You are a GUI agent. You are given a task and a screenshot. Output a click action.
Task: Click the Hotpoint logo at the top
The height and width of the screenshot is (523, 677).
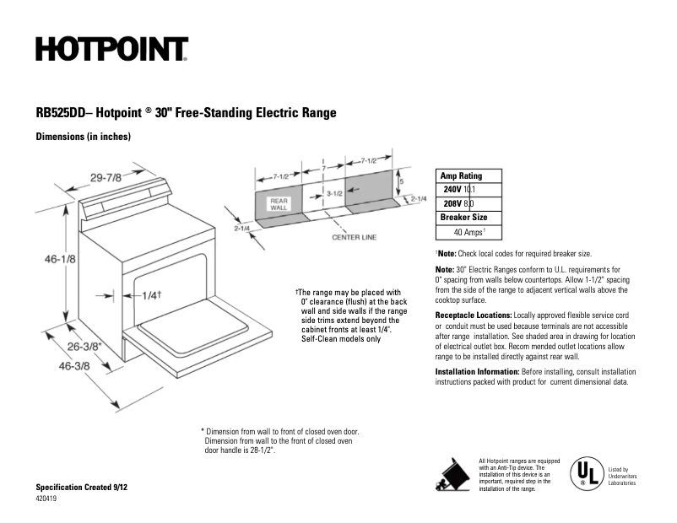coord(111,50)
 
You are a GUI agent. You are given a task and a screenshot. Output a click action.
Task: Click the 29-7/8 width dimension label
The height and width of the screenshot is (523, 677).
coord(106,176)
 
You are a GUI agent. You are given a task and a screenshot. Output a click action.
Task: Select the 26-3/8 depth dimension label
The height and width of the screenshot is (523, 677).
coord(84,346)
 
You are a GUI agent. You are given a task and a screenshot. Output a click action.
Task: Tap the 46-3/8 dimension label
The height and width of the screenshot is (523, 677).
coord(73,365)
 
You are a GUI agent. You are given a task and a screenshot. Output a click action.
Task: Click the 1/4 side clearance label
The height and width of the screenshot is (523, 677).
coord(149,295)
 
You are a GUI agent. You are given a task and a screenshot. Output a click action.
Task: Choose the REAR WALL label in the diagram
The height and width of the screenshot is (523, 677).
coord(279,204)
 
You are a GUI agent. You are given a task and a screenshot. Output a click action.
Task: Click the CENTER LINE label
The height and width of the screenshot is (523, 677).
coord(354,238)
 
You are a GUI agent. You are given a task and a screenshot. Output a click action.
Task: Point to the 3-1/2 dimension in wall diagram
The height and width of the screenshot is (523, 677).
coord(334,193)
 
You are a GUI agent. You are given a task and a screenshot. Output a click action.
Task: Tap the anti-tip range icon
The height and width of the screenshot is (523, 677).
coord(452,472)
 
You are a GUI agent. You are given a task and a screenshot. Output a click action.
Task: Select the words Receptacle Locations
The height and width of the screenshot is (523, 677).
coord(474,315)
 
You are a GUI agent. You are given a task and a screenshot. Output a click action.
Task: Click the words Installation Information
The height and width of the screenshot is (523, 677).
coord(477,371)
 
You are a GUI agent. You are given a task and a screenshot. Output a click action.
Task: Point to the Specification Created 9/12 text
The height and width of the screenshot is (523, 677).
coord(81,488)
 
